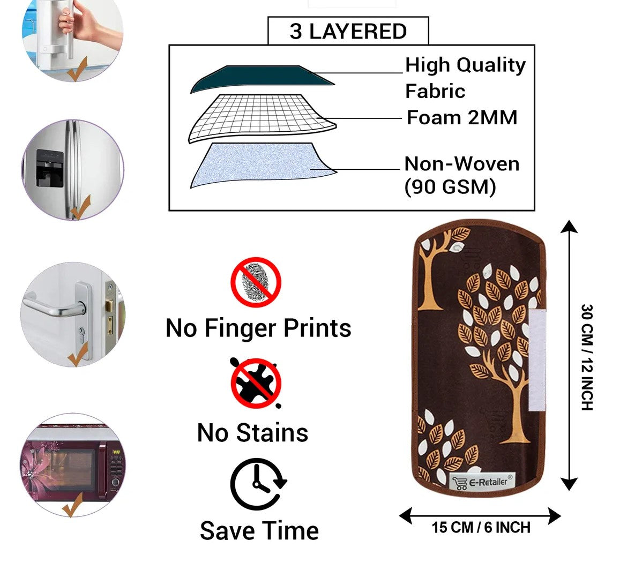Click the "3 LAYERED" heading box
pyautogui.click(x=348, y=31)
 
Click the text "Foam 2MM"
pyautogui.click(x=462, y=117)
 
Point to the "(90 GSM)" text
pyautogui.click(x=450, y=187)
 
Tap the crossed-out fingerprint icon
pyautogui.click(x=256, y=282)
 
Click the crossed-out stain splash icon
pyautogui.click(x=256, y=382)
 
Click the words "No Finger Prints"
pyautogui.click(x=258, y=328)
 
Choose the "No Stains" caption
pyautogui.click(x=252, y=433)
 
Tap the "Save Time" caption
pyautogui.click(x=259, y=531)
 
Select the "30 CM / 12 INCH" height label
pyautogui.click(x=587, y=357)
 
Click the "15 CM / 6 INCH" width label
pyautogui.click(x=481, y=528)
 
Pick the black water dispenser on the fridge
pyautogui.click(x=49, y=168)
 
